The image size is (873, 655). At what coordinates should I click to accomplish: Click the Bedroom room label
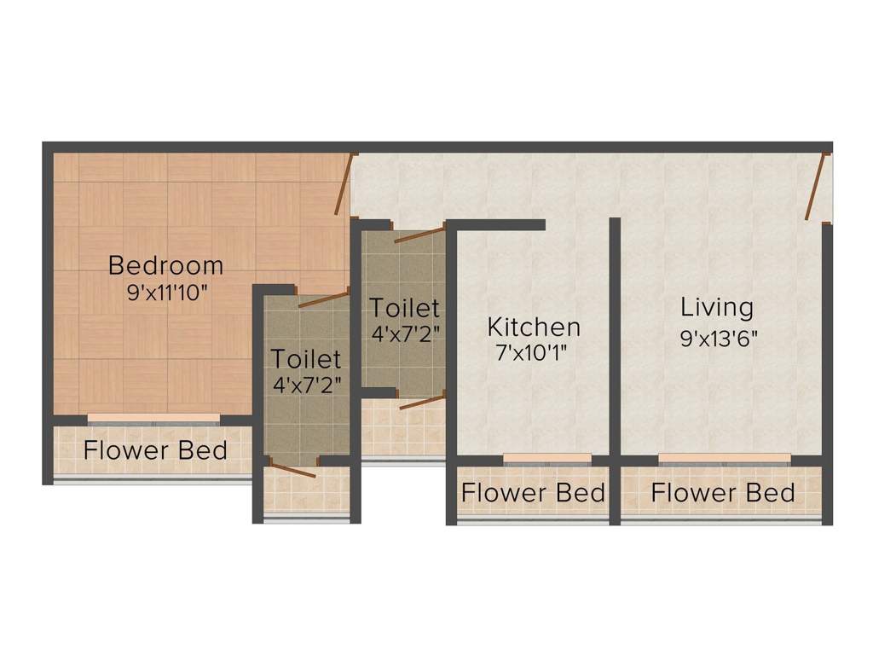pos(165,265)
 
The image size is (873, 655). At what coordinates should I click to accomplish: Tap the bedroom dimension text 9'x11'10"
pos(167,292)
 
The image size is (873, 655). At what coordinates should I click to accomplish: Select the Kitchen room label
pos(534,327)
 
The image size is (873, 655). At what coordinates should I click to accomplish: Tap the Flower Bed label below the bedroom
pos(155,449)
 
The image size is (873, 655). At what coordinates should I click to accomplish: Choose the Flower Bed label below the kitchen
pos(533,492)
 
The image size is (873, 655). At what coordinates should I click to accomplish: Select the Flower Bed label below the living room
pos(723,492)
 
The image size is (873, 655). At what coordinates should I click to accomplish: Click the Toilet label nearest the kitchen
pos(404,307)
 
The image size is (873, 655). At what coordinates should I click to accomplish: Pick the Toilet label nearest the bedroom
pos(306,358)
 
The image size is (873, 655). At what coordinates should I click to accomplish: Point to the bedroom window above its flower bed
pos(154,419)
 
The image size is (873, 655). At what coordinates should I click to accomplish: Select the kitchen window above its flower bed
pos(546,459)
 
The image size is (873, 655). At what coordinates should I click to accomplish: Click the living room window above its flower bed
pos(724,459)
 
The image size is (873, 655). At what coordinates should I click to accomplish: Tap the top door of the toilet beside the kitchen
pos(419,235)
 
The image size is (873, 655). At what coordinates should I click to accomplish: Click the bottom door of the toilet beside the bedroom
pos(293,470)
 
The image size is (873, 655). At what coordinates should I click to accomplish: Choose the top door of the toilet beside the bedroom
pos(323,299)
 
